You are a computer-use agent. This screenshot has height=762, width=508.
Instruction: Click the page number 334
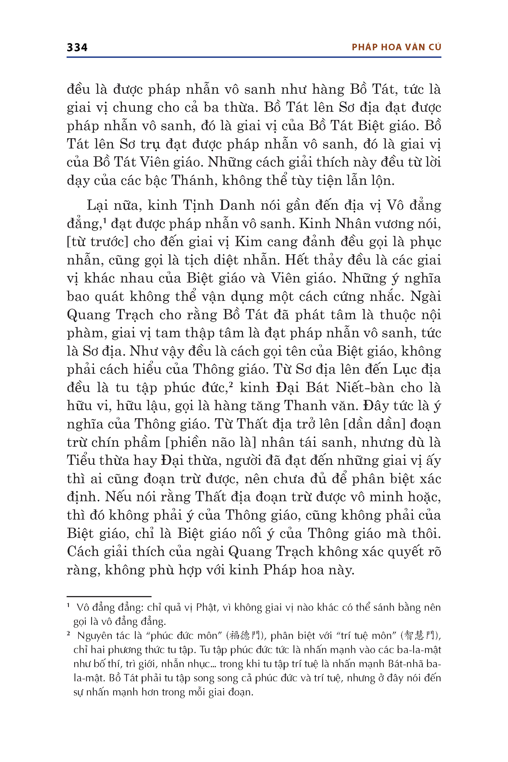click(77, 48)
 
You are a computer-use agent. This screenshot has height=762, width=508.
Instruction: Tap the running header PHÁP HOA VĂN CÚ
click(396, 47)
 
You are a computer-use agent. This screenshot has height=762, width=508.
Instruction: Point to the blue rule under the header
click(254, 57)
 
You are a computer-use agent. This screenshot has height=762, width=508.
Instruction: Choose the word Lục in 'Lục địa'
click(407, 369)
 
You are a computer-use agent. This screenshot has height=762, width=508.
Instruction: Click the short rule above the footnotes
click(109, 596)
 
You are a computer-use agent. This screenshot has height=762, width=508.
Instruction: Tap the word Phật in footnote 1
click(206, 607)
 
